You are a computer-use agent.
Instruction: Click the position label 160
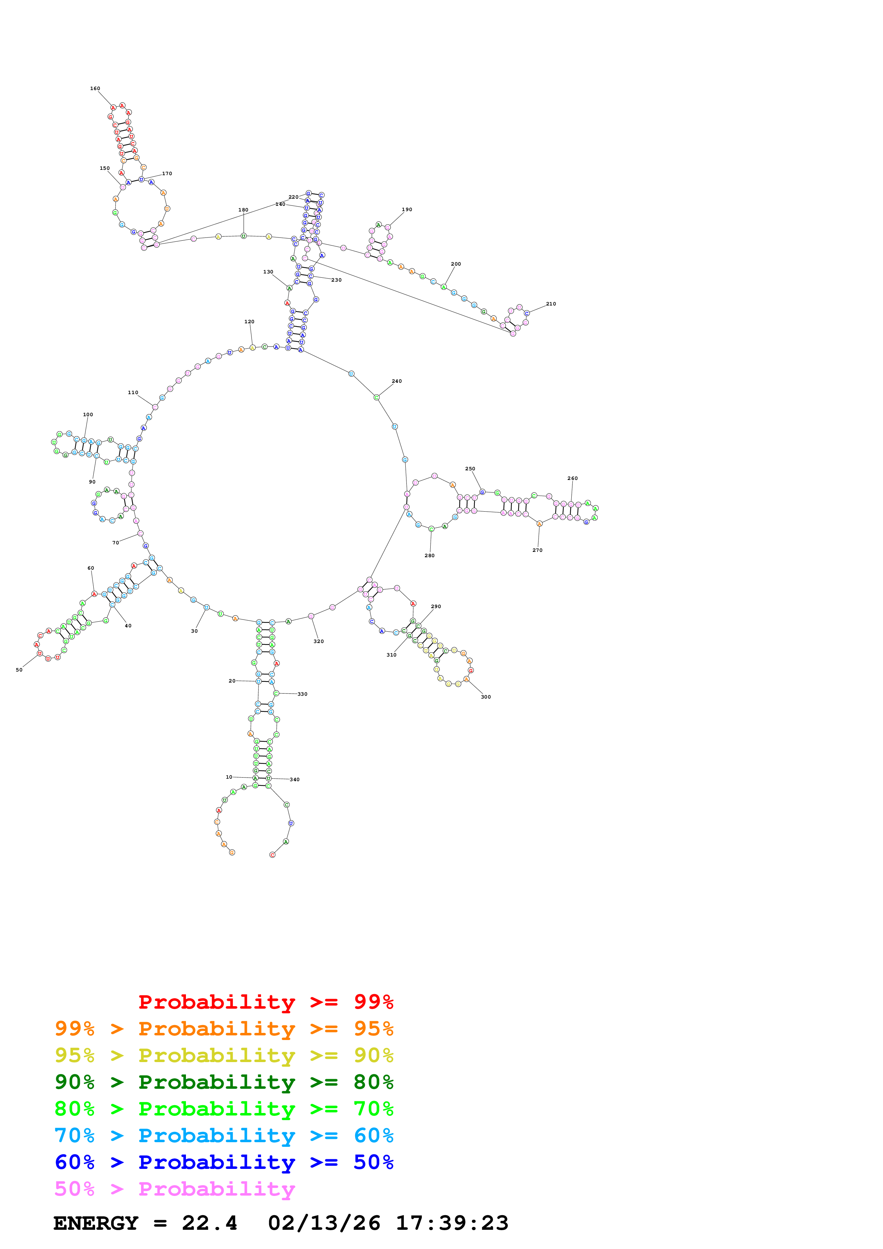(95, 89)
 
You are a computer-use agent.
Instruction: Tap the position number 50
(19, 670)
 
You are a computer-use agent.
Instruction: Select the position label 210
(551, 304)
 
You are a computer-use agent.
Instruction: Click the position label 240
(396, 381)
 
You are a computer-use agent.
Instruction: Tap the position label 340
(294, 779)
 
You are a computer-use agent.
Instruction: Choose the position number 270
(537, 550)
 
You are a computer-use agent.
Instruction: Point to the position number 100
(88, 414)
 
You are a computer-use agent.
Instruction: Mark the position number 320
(318, 641)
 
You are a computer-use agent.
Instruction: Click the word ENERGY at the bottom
(96, 1223)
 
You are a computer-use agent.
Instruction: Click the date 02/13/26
(324, 1223)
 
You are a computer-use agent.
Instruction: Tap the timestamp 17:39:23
(452, 1223)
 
